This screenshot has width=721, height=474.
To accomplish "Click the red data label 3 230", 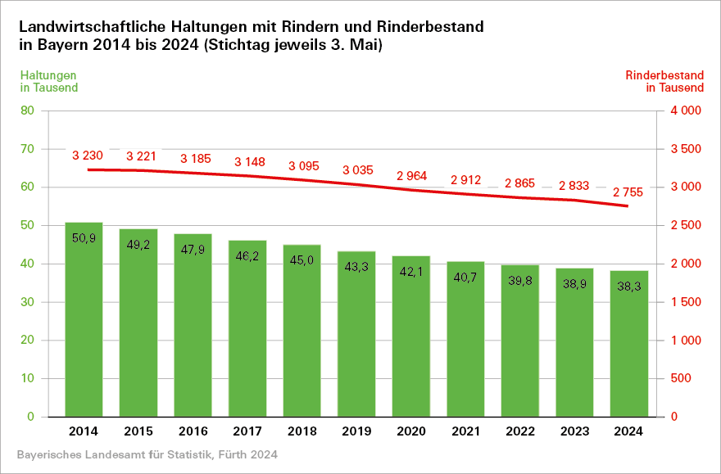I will (x=88, y=156).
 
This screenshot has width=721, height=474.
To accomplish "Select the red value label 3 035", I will (x=357, y=170).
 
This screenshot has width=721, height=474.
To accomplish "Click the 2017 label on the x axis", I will (x=247, y=431).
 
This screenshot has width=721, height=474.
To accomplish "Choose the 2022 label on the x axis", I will (x=519, y=431).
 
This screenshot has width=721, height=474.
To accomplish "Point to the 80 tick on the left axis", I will (x=27, y=111).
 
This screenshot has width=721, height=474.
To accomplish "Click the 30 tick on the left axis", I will (x=27, y=302).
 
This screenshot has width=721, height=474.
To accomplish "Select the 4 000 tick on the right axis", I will (x=686, y=111).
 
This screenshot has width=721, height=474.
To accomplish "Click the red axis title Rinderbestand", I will (x=664, y=75).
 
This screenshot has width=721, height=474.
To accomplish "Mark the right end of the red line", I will (x=628, y=206).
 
